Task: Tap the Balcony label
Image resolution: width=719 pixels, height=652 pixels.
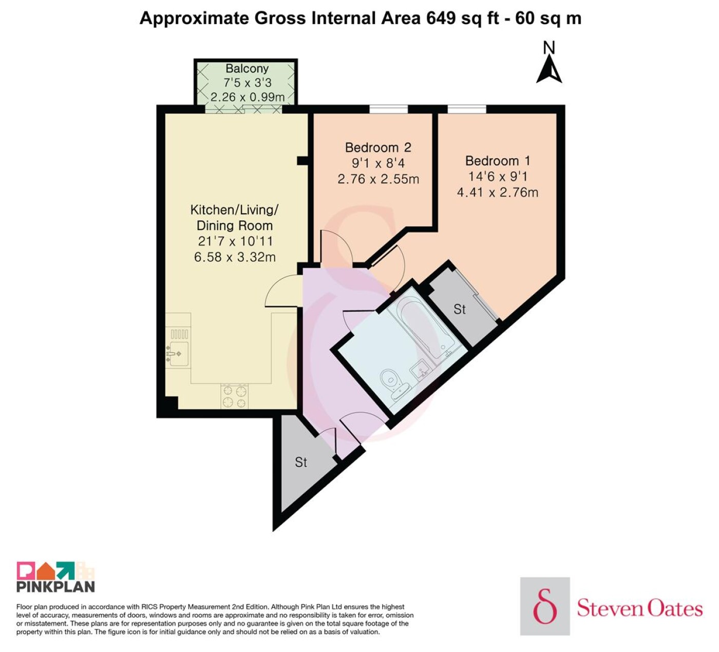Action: pos(247,68)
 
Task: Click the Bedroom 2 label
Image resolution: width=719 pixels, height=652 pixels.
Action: pos(378,147)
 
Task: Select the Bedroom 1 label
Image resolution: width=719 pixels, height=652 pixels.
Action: pos(498,161)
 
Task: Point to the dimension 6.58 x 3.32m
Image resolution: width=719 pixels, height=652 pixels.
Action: pos(235,257)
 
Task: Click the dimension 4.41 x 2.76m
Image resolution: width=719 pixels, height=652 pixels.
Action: pos(498,193)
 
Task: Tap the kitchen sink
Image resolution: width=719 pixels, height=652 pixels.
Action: pos(178,353)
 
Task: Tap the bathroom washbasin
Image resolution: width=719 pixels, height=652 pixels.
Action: pos(421,368)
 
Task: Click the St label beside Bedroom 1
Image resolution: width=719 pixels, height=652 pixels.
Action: pos(460,309)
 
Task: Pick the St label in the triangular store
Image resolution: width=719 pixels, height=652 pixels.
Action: pos(301,462)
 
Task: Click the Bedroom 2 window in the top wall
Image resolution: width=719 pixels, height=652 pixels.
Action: pos(389,109)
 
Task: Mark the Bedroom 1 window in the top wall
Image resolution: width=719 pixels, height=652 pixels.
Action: pos(467,109)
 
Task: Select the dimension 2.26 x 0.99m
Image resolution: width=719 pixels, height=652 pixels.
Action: pos(248,97)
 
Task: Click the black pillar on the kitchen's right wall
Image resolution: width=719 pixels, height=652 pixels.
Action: pos(302,161)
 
